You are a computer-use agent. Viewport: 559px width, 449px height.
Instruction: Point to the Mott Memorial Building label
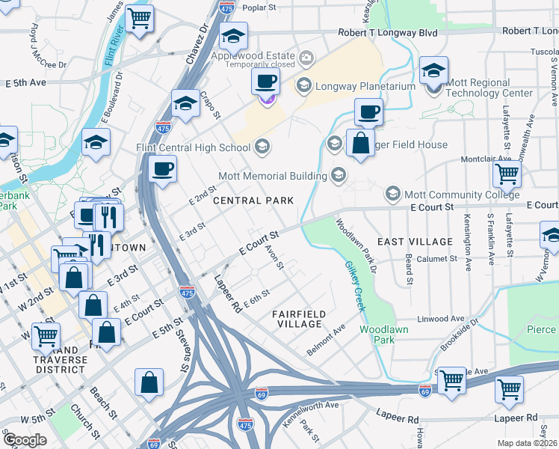coord(272,177)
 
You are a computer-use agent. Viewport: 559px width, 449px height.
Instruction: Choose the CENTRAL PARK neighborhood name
coord(248,201)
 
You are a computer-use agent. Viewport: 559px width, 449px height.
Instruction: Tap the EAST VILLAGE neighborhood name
coord(415,242)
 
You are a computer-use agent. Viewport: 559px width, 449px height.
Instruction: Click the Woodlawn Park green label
coord(377,335)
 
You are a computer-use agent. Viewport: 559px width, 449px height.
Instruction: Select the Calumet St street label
coord(439,258)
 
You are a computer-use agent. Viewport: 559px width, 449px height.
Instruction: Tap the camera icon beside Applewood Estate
coord(305,58)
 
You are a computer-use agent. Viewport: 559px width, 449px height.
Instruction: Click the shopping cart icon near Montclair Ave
coord(507,175)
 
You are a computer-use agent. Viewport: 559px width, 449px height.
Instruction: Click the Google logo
coord(25,439)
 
